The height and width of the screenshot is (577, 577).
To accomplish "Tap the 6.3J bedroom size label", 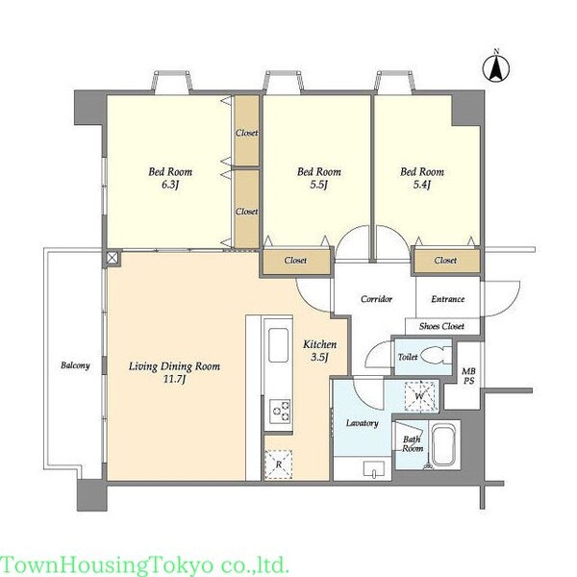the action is [170, 185].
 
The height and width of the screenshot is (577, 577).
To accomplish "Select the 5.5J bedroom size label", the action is [318, 185].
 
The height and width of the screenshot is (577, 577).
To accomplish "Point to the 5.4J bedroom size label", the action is [422, 185].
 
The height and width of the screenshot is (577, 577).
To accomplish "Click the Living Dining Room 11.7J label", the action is [174, 372].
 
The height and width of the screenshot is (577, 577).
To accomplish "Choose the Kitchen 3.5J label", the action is [319, 350].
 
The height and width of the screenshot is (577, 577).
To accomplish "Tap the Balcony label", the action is [75, 365].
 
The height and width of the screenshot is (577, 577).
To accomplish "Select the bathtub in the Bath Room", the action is [444, 445].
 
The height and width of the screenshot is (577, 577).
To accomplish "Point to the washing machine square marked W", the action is [420, 396].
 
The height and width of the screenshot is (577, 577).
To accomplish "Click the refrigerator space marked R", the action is [279, 464].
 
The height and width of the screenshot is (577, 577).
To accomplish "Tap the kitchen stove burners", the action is [281, 411].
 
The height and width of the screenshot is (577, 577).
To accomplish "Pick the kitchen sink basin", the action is [278, 345].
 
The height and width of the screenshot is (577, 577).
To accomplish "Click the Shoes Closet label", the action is [441, 326].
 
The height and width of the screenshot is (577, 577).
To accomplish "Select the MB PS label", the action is [468, 376].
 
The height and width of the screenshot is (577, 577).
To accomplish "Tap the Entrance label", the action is [448, 299].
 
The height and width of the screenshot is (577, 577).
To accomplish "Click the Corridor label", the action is [376, 299].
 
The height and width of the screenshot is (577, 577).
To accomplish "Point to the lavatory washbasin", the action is [374, 468].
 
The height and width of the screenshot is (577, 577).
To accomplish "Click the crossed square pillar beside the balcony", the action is [112, 258].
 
